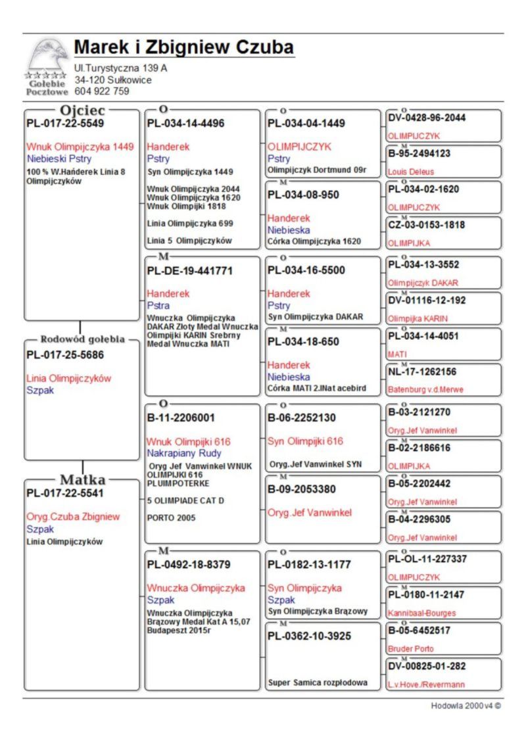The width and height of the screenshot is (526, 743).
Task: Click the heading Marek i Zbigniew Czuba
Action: (183, 47)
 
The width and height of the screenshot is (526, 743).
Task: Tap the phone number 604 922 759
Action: (102, 91)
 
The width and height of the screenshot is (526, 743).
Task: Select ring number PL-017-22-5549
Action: (65, 123)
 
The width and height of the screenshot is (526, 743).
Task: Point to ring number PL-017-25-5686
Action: (65, 355)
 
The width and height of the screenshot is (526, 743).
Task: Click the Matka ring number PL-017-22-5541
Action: (65, 493)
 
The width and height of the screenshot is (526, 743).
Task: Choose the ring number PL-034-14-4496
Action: (186, 123)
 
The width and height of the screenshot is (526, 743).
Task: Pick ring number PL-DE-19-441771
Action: (190, 270)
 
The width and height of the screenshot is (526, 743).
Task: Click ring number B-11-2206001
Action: (181, 418)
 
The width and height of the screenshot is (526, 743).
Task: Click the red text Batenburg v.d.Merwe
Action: (425, 389)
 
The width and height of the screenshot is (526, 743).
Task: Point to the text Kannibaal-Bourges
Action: (421, 613)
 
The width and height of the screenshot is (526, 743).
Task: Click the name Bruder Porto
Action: (411, 648)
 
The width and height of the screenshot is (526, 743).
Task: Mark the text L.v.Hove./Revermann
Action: (425, 684)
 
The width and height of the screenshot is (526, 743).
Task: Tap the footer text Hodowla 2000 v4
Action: (466, 706)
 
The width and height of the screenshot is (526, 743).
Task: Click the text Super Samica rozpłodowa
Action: (318, 683)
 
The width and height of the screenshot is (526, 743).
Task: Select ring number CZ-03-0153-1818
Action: (427, 225)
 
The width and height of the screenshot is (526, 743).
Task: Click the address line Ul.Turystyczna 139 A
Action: (121, 68)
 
